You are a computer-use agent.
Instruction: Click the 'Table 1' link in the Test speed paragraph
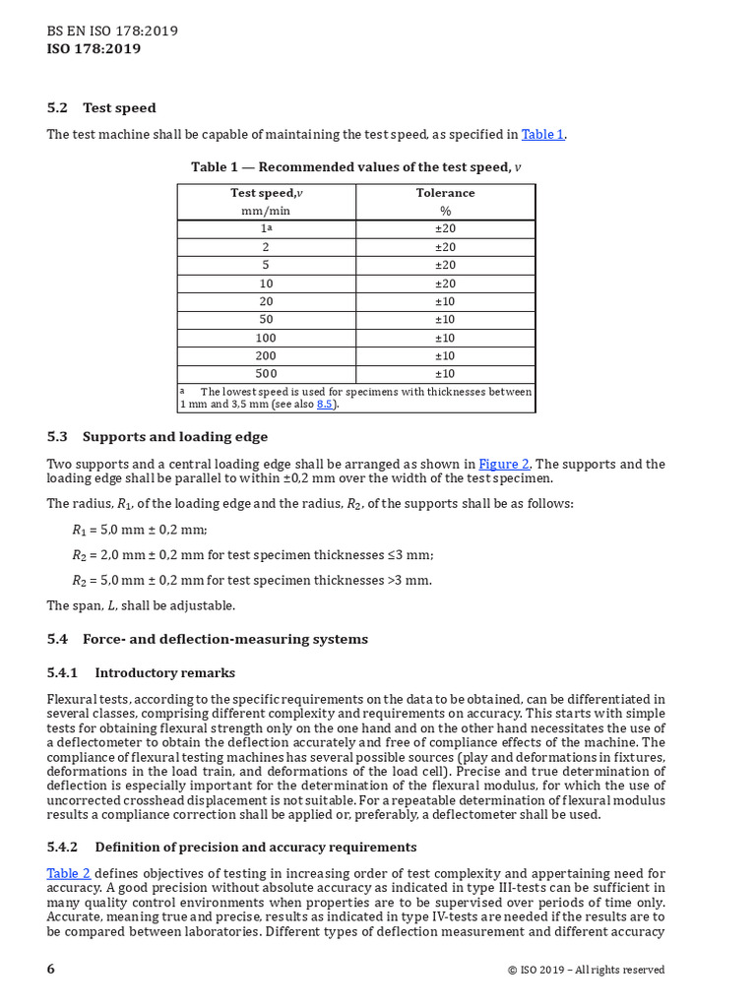pos(542,134)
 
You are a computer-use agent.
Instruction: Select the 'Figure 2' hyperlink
pos(504,464)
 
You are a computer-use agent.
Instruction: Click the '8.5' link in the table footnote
pos(326,405)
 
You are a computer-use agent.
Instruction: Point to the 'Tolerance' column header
pos(445,193)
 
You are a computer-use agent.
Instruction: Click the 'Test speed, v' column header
pos(267,193)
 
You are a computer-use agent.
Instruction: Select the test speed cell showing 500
pos(267,374)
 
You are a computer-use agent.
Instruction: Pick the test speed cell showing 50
pos(267,320)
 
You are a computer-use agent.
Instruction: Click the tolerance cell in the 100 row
pos(445,338)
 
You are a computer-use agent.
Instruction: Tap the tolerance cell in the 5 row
pos(445,265)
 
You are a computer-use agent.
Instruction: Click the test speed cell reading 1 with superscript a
pos(267,228)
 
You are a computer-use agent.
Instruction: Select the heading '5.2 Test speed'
pos(101,108)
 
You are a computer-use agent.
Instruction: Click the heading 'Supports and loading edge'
pos(174,437)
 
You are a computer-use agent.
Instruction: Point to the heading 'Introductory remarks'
pos(164,673)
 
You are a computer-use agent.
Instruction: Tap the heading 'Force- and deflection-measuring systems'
pos(224,639)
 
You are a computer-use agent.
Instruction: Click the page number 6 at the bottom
pos(51,969)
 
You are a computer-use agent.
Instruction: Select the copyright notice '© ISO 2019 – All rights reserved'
pos(586,970)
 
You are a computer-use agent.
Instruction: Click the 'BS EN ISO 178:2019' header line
pos(112,31)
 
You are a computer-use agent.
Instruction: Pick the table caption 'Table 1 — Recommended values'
pos(355,167)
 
